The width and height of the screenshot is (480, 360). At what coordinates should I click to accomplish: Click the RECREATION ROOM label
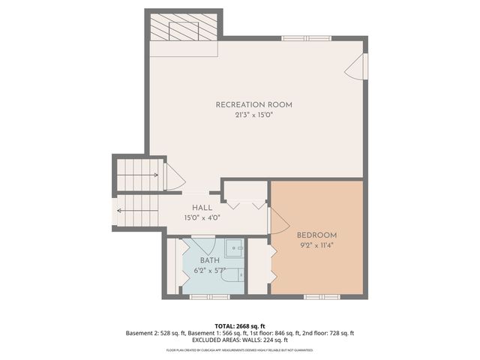point(253,104)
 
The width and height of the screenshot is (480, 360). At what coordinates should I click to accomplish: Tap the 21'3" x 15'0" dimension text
point(253,115)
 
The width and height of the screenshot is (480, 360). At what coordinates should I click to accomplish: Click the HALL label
point(202,208)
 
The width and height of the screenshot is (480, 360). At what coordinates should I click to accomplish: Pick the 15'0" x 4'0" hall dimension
point(202,217)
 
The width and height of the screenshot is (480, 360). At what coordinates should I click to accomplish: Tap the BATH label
point(209,260)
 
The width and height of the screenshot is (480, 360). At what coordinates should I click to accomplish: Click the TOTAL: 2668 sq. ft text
point(240,325)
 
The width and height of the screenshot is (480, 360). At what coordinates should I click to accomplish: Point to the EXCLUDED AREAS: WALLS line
point(240,340)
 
